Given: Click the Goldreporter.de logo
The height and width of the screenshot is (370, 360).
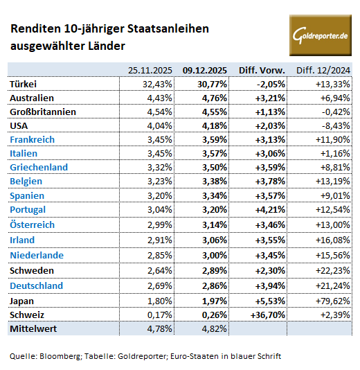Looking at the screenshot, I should (320, 34).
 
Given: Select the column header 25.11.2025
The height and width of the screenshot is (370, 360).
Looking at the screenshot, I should (150, 69).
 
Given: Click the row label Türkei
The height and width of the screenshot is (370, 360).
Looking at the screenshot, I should (24, 83).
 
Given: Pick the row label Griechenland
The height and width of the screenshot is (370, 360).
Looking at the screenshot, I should (39, 167).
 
